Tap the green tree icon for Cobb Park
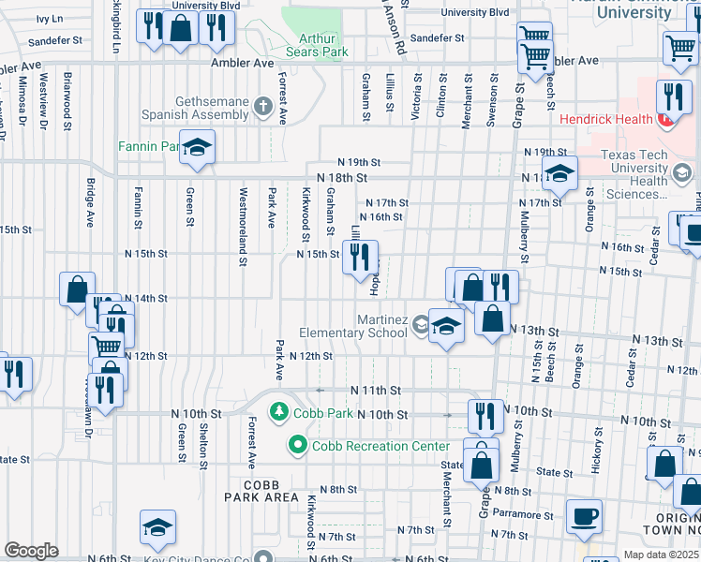[278, 412]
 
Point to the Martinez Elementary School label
[353, 326]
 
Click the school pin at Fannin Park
[198, 148]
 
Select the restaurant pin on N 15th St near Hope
[361, 257]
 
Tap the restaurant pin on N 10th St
[485, 416]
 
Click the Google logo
[30, 551]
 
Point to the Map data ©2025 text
[662, 555]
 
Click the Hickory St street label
[597, 445]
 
